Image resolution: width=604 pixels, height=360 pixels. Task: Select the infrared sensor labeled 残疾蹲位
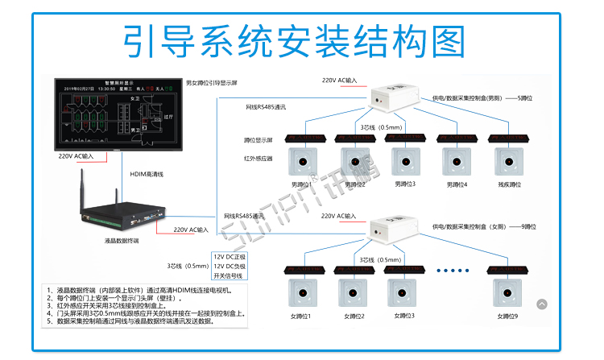(506, 162)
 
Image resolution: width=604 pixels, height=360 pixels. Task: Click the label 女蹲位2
(353, 316)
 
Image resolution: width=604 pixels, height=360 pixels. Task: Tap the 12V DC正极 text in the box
(230, 257)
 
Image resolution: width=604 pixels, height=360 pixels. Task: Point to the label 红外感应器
(258, 159)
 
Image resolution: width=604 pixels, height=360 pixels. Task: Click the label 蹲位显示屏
(258, 138)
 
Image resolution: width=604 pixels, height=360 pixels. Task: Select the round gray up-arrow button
(541, 304)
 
